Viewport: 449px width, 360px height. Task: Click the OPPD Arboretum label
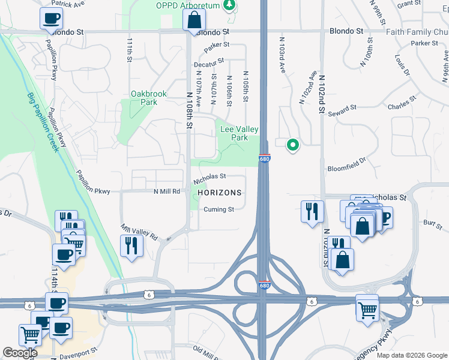pos(188,5)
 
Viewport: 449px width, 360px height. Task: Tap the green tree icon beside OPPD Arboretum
pos(229,5)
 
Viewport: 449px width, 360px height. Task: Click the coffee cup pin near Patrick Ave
pos(51,18)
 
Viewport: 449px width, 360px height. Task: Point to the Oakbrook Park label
pos(144,98)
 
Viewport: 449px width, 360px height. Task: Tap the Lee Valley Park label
pos(239,133)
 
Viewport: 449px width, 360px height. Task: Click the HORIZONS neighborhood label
pos(220,193)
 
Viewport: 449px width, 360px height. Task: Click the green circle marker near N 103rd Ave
pos(293,145)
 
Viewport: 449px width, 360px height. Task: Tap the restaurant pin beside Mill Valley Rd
pos(131,245)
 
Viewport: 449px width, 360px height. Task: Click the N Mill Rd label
pos(167,191)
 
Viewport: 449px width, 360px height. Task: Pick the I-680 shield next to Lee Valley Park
pos(265,158)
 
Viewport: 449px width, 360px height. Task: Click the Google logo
pos(20,353)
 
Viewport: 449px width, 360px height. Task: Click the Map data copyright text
pos(411,355)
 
